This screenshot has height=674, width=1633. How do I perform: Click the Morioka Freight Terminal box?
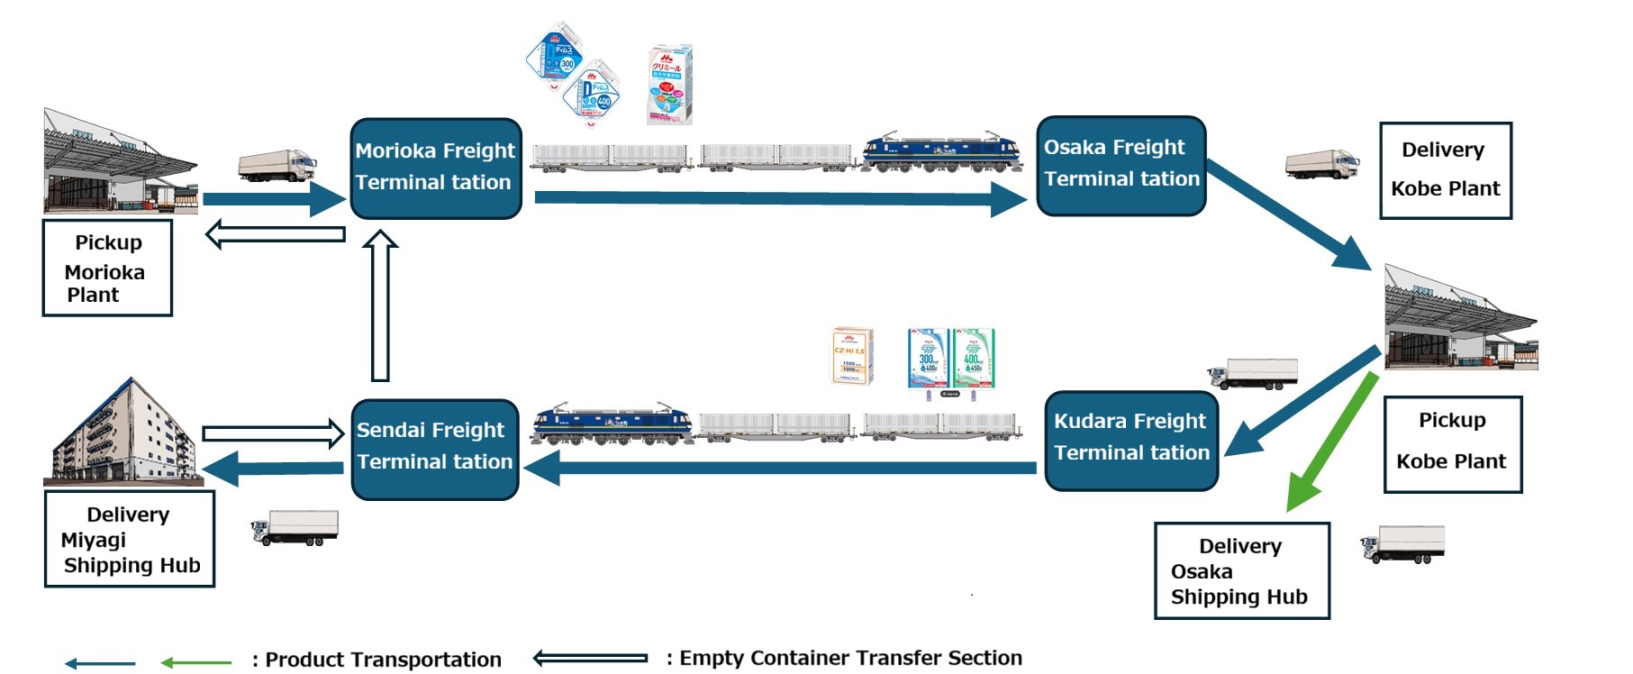[436, 168]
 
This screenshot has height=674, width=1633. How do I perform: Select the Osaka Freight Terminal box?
[1120, 166]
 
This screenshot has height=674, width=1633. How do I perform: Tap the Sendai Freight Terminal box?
[434, 449]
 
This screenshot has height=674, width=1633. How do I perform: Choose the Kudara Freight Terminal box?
[1131, 440]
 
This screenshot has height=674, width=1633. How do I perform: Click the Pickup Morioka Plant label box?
[107, 268]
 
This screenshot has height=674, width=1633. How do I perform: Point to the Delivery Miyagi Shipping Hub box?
[130, 539]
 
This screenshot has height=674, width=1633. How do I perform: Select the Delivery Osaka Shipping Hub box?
[1241, 570]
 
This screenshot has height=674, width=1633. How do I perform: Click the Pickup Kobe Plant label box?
[1452, 444]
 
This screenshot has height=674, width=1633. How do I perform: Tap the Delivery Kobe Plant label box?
[1445, 170]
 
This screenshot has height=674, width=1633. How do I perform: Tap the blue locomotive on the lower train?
[612, 424]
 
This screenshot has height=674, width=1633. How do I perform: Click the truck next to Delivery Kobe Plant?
[1321, 164]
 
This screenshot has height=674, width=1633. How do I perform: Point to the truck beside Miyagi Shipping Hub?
[295, 528]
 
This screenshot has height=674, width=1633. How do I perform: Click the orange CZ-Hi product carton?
[851, 356]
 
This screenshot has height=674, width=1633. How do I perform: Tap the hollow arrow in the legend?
[590, 658]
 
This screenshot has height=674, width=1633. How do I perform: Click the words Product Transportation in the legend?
[383, 660]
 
